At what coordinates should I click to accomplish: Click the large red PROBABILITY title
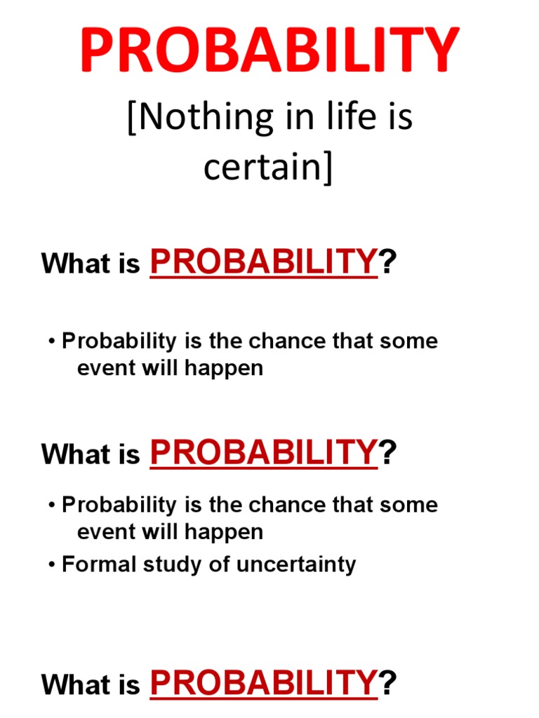[x=269, y=50]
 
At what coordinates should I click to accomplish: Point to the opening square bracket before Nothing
[x=132, y=118]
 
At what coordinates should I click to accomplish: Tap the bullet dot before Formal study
[x=53, y=565]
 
